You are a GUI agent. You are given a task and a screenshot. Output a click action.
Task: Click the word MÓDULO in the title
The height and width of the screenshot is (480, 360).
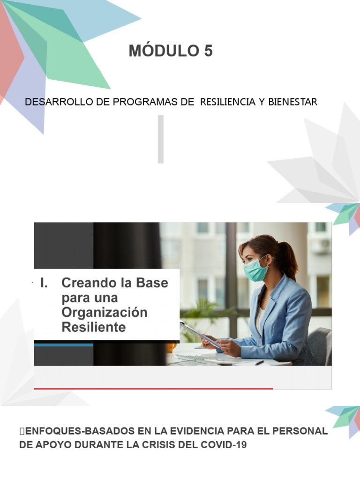coord(163,51)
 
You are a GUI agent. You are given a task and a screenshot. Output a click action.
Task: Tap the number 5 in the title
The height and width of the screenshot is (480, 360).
coord(208,51)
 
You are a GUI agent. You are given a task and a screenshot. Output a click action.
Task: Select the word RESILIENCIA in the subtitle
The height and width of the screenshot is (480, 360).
coord(227,102)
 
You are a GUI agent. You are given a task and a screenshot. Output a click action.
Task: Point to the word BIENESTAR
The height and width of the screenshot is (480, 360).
coord(293,102)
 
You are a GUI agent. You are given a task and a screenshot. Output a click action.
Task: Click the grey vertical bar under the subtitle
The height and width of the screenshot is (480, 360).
coord(161,139)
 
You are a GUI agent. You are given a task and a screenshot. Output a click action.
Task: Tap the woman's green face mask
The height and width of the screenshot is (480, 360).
coord(255,271)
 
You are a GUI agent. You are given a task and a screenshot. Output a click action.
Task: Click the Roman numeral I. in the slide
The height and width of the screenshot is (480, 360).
coord(45,283)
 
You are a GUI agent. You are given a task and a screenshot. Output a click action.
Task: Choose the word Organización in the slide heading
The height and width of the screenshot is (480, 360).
coord(104,312)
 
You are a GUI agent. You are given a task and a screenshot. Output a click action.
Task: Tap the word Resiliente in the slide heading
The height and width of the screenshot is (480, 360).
coord(94,327)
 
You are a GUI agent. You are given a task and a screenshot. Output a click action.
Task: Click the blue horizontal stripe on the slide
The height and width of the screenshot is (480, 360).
coord(64,345)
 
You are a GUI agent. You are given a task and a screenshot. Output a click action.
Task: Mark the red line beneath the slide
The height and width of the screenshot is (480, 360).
coord(153,389)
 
